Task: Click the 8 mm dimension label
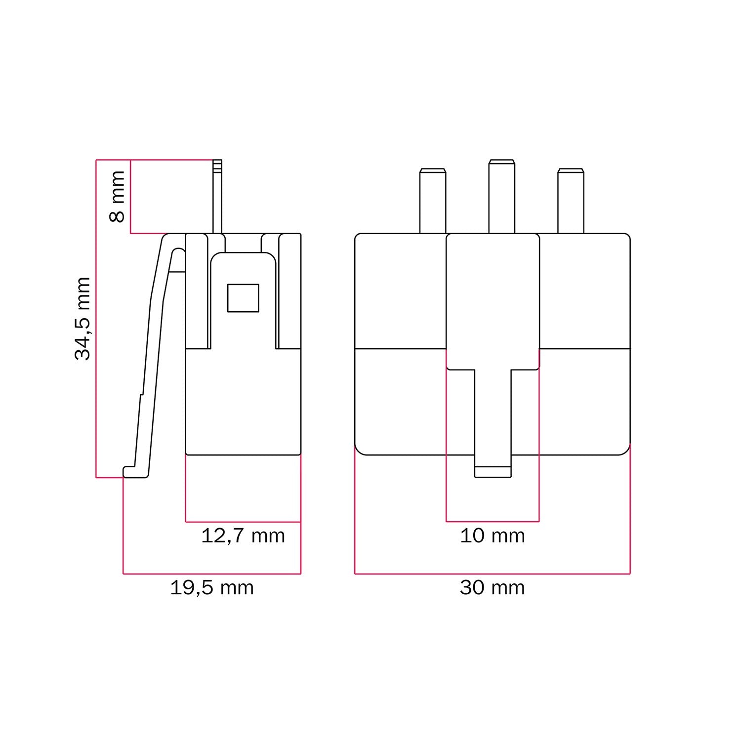coord(118,196)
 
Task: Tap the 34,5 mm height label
coord(82,319)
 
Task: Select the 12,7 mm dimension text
coord(243,535)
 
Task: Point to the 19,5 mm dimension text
coord(212,588)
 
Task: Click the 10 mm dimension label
coord(493,535)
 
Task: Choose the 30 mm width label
coord(493,588)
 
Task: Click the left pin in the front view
coord(433,201)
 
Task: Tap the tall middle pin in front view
coord(502,196)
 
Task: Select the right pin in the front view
coord(571,201)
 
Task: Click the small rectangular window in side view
coord(243,298)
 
